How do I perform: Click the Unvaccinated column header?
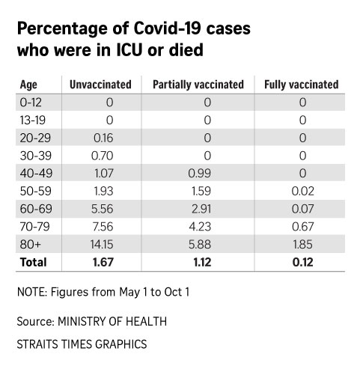(x=100, y=85)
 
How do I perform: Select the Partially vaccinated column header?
(x=198, y=85)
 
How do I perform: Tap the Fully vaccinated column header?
(x=302, y=85)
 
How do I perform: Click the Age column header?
(x=28, y=85)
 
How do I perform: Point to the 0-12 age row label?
(x=31, y=103)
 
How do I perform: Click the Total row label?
(x=34, y=262)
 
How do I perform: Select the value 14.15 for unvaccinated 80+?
(x=102, y=244)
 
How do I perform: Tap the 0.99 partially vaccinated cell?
(x=200, y=173)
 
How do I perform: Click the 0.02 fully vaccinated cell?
(x=303, y=191)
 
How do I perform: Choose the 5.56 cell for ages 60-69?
(x=102, y=209)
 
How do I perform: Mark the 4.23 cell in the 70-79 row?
(x=200, y=227)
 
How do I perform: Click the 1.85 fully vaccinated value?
(x=303, y=244)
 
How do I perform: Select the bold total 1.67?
(x=103, y=262)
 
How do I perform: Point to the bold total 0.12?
(x=303, y=262)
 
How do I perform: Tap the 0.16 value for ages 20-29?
(x=103, y=138)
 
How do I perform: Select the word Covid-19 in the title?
(x=168, y=28)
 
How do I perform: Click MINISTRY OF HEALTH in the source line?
(x=112, y=321)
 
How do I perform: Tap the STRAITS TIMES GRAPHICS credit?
(x=82, y=344)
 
